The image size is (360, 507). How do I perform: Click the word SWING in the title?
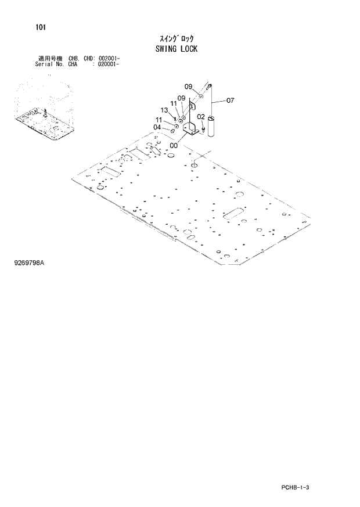pos(165,49)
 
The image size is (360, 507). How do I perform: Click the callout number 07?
pos(230,100)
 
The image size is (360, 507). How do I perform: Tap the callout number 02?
pos(200,117)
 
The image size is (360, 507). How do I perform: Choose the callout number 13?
pos(164,110)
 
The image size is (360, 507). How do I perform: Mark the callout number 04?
pos(157,127)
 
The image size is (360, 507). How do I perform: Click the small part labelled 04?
pos(173,131)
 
